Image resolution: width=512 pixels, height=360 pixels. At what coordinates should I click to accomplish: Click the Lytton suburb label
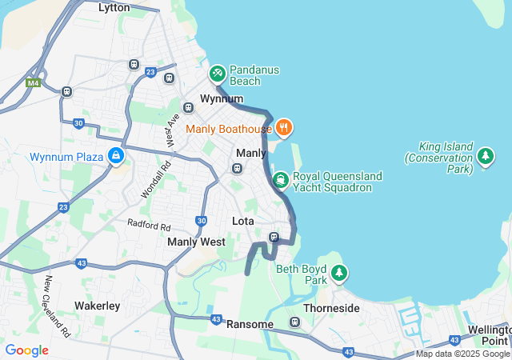coord(114,7)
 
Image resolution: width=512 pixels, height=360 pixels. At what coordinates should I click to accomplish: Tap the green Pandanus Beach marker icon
coord(217,74)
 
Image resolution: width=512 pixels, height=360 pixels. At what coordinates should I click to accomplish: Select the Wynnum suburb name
coord(222,98)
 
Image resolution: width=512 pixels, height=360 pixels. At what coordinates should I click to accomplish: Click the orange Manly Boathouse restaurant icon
coord(284,128)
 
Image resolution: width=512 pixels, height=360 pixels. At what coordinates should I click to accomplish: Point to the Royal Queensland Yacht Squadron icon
coord(280,179)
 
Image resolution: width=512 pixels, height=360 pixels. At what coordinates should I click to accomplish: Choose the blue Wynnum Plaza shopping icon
coord(117,155)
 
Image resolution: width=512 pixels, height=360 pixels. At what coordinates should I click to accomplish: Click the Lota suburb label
coord(242,221)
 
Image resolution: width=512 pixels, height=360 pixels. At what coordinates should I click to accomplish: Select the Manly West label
coord(196,242)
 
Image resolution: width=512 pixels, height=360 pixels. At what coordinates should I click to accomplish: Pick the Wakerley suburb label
coord(97,306)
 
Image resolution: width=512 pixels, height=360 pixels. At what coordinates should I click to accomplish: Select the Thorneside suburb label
coord(331,308)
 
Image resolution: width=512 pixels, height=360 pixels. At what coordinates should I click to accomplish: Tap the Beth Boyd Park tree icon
coord(339,274)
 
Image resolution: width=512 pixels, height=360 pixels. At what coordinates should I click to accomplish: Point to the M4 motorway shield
coord(33,82)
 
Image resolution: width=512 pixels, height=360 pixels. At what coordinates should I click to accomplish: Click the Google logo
coord(26,350)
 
